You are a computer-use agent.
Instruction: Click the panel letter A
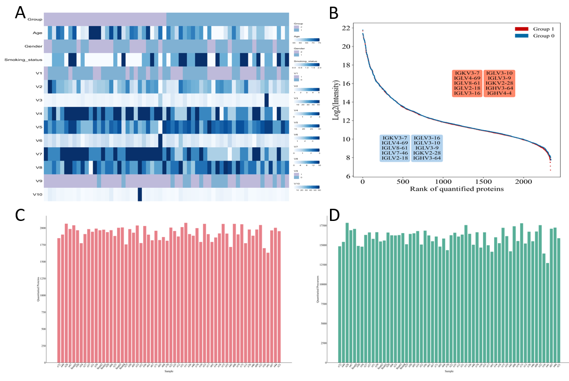pyautogui.click(x=21, y=13)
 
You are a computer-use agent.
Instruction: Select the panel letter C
pyautogui.click(x=21, y=215)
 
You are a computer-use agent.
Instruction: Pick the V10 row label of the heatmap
pyautogui.click(x=37, y=195)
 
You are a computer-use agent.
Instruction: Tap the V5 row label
pyautogui.click(x=39, y=127)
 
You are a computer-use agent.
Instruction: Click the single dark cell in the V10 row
pyautogui.click(x=140, y=195)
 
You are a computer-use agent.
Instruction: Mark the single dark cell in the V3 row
pyautogui.click(x=267, y=100)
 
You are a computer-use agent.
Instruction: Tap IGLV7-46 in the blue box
pyautogui.click(x=395, y=152)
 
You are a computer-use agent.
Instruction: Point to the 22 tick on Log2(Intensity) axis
pyautogui.click(x=346, y=28)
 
